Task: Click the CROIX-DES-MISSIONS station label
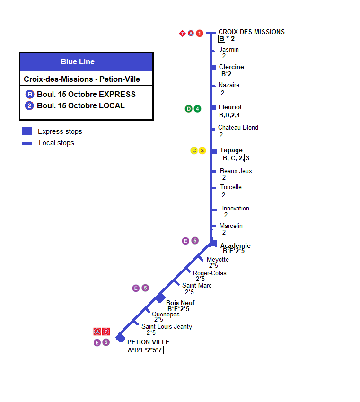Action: coord(251,32)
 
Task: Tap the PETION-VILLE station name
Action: coord(148,342)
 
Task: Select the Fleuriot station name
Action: coord(230,107)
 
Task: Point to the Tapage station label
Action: coord(231,150)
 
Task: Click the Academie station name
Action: coord(236,245)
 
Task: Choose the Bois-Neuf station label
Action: coord(180,303)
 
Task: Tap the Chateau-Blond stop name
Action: coord(238,127)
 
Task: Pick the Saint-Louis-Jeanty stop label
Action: coord(167,326)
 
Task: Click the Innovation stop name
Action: coord(236,208)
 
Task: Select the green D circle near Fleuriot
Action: coord(188,109)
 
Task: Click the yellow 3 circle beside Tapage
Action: coord(202,150)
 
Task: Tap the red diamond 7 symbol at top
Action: coord(182,33)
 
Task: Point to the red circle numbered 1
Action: coord(200,33)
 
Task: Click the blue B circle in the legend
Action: coord(30,94)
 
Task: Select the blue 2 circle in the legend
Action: coord(29,105)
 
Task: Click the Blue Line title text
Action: coord(78,61)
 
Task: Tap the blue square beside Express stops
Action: coord(27,131)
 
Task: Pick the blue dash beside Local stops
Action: coord(27,143)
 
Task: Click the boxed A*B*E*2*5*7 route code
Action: coord(145,350)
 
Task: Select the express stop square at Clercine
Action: coord(214,68)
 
